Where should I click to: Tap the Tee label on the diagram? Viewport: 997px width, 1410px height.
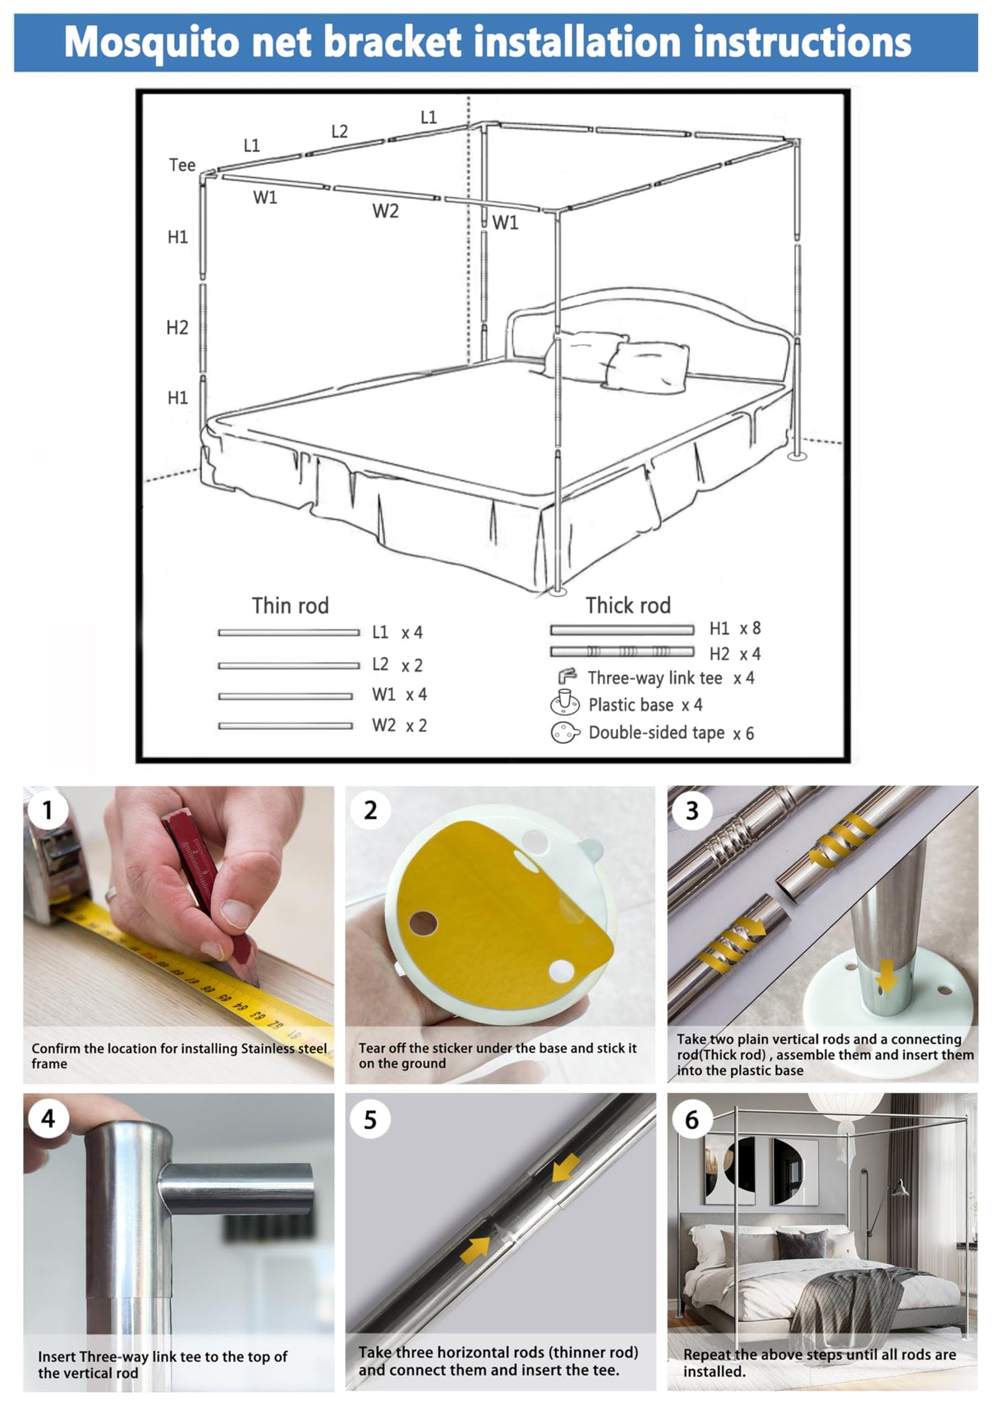(182, 165)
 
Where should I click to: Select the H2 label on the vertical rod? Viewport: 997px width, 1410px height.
(177, 328)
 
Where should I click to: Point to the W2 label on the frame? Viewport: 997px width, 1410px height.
(385, 211)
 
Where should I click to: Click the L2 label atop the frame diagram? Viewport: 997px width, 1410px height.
(339, 131)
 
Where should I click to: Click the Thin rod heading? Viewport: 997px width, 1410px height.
(290, 606)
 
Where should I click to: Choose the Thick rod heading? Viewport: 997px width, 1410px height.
(627, 606)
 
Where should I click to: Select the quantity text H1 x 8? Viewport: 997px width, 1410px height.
(735, 628)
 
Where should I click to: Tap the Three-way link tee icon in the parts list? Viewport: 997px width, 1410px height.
(567, 677)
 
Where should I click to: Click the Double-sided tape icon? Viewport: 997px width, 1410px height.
(564, 733)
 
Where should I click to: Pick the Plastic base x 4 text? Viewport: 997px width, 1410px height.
(645, 705)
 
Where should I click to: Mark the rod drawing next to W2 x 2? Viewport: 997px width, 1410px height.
(285, 726)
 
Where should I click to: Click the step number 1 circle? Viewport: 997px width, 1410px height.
(47, 811)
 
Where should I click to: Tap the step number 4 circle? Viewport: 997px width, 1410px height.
(48, 1118)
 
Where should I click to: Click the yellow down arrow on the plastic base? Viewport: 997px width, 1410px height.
(886, 977)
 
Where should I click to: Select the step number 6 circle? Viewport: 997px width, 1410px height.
(691, 1119)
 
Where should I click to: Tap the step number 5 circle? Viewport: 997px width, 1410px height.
(370, 1119)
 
